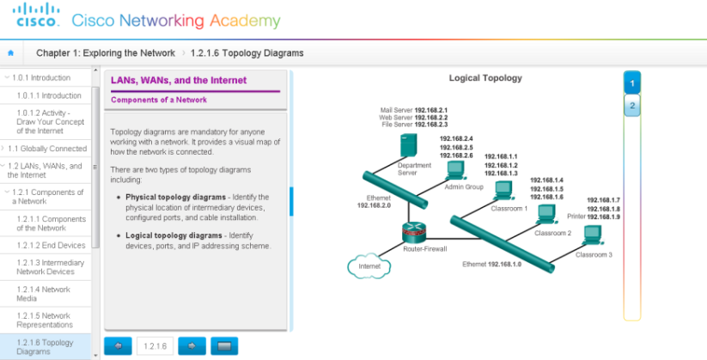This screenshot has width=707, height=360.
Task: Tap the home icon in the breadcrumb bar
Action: [x=10, y=53]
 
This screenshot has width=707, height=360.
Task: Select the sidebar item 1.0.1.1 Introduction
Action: [x=49, y=95]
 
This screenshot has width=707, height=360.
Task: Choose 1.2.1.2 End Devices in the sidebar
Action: [x=51, y=245]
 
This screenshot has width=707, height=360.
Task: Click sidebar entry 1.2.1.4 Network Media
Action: [x=44, y=294]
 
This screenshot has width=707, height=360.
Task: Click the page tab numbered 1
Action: [x=631, y=83]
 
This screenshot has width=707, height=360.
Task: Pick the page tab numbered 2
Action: [x=631, y=107]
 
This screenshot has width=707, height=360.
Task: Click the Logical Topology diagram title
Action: [x=485, y=78]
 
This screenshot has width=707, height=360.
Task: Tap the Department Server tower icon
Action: [x=407, y=143]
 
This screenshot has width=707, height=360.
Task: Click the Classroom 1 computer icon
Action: [x=503, y=191]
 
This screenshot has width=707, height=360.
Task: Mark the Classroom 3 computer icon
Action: [x=592, y=238]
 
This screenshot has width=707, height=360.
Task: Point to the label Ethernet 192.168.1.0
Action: [x=491, y=264]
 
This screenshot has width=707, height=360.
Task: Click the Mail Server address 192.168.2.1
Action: [x=431, y=111]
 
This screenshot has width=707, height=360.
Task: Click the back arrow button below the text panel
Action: [x=119, y=345]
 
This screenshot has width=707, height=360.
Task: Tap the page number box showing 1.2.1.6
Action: [x=155, y=345]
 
